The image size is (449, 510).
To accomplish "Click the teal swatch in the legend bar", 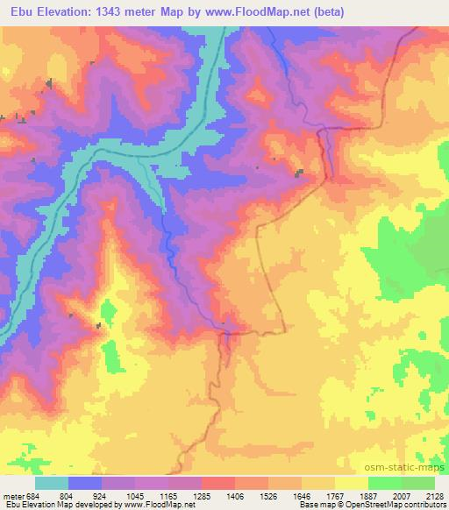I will pos(52,483).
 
